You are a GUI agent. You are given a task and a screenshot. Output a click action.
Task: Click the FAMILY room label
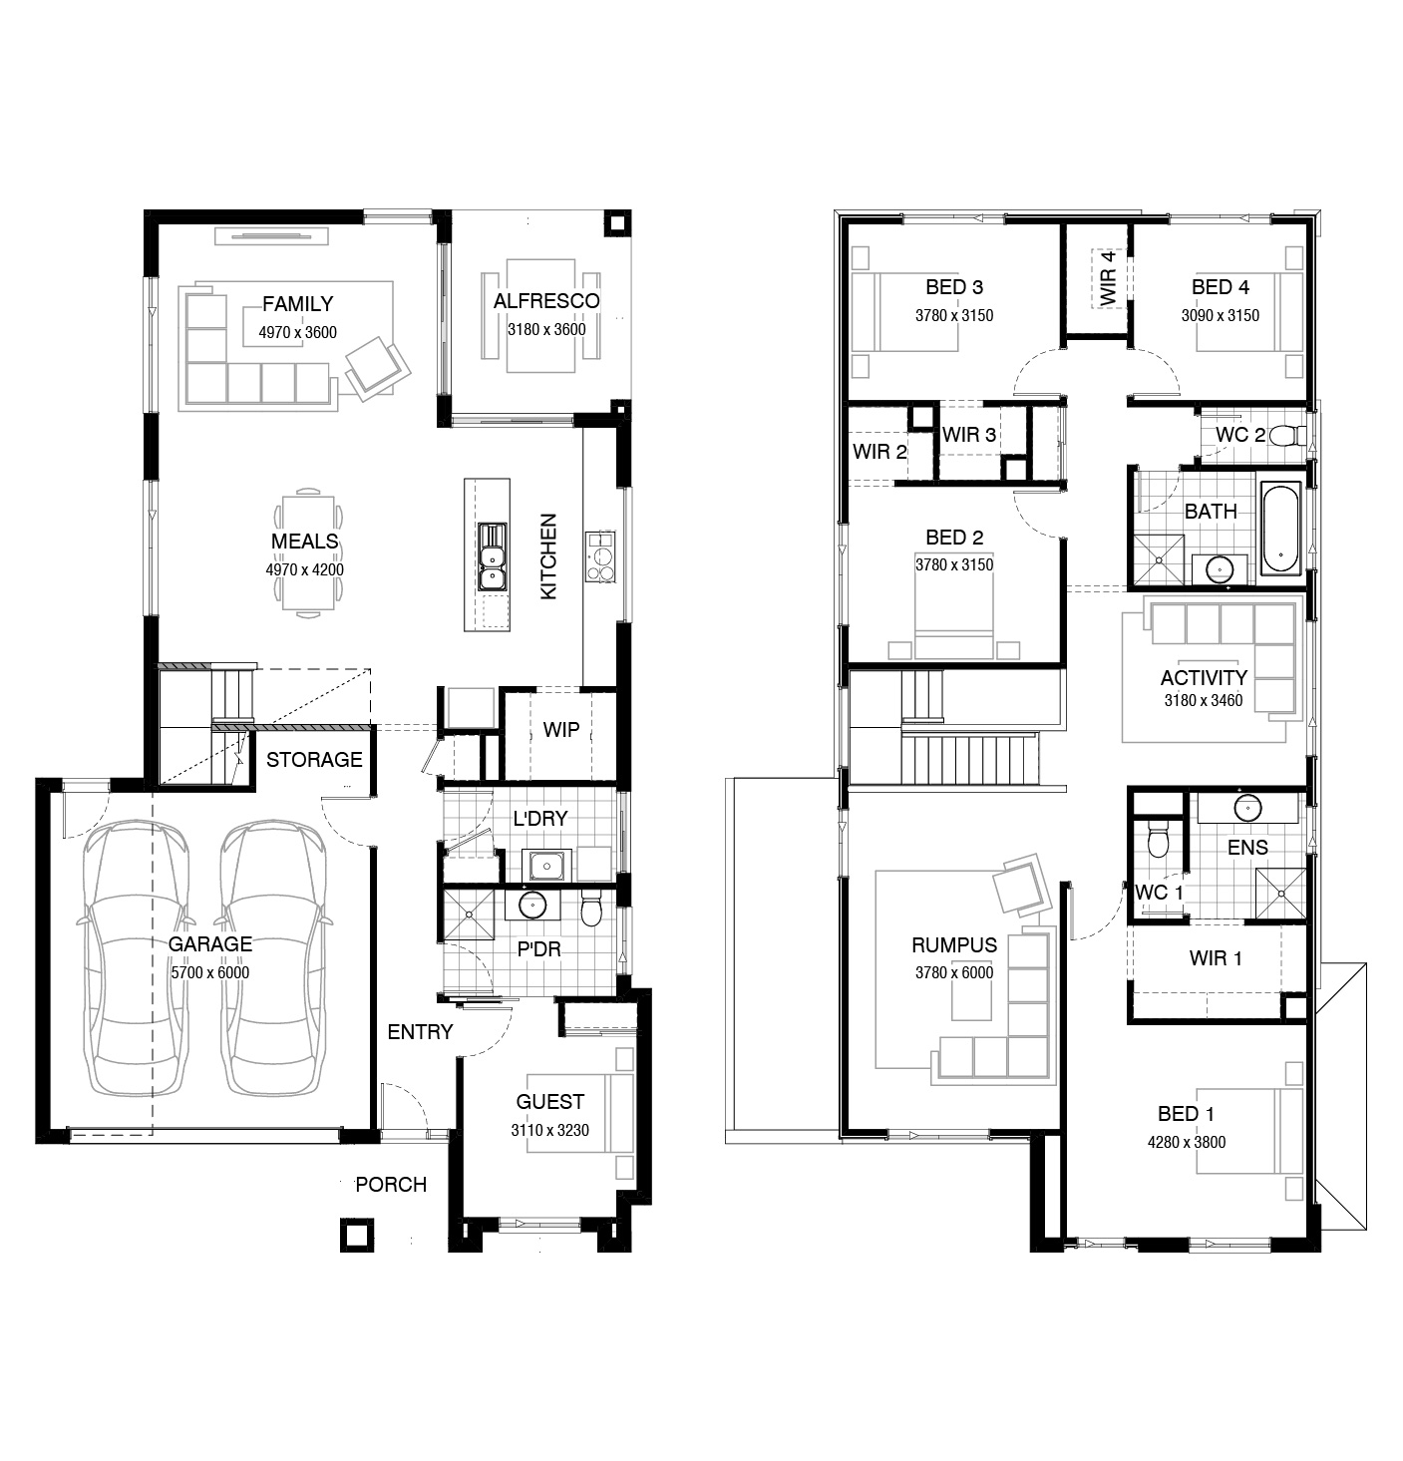click(x=297, y=304)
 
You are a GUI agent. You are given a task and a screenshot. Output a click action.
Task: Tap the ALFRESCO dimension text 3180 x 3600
click(x=546, y=329)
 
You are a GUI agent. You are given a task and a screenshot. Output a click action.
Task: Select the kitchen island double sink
click(x=493, y=556)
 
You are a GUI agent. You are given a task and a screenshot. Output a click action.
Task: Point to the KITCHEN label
click(x=548, y=556)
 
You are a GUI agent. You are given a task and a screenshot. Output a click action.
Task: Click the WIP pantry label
click(x=560, y=730)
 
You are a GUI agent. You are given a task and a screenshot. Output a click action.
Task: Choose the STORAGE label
click(x=314, y=760)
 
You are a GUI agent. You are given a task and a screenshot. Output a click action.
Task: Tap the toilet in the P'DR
click(x=591, y=910)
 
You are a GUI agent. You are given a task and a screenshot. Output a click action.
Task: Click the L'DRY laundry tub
click(x=546, y=866)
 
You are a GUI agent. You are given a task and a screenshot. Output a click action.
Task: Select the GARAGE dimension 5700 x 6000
click(x=210, y=973)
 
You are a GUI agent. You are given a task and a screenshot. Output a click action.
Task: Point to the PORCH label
click(x=391, y=1185)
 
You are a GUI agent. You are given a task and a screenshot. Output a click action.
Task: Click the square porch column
click(x=357, y=1235)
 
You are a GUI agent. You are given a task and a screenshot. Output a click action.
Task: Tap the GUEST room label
click(x=550, y=1102)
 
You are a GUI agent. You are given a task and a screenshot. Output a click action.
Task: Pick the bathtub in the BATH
click(x=1280, y=530)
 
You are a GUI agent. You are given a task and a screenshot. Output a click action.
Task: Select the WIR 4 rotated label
click(x=1108, y=278)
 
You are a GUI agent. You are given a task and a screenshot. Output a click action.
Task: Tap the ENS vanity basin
click(x=1248, y=809)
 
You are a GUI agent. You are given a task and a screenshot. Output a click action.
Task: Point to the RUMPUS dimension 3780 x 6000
click(x=954, y=973)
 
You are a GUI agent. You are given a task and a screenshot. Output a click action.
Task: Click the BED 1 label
click(x=1186, y=1114)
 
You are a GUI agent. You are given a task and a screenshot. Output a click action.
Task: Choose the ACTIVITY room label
click(x=1204, y=678)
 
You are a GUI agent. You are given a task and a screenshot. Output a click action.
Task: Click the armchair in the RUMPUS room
click(x=1019, y=885)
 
